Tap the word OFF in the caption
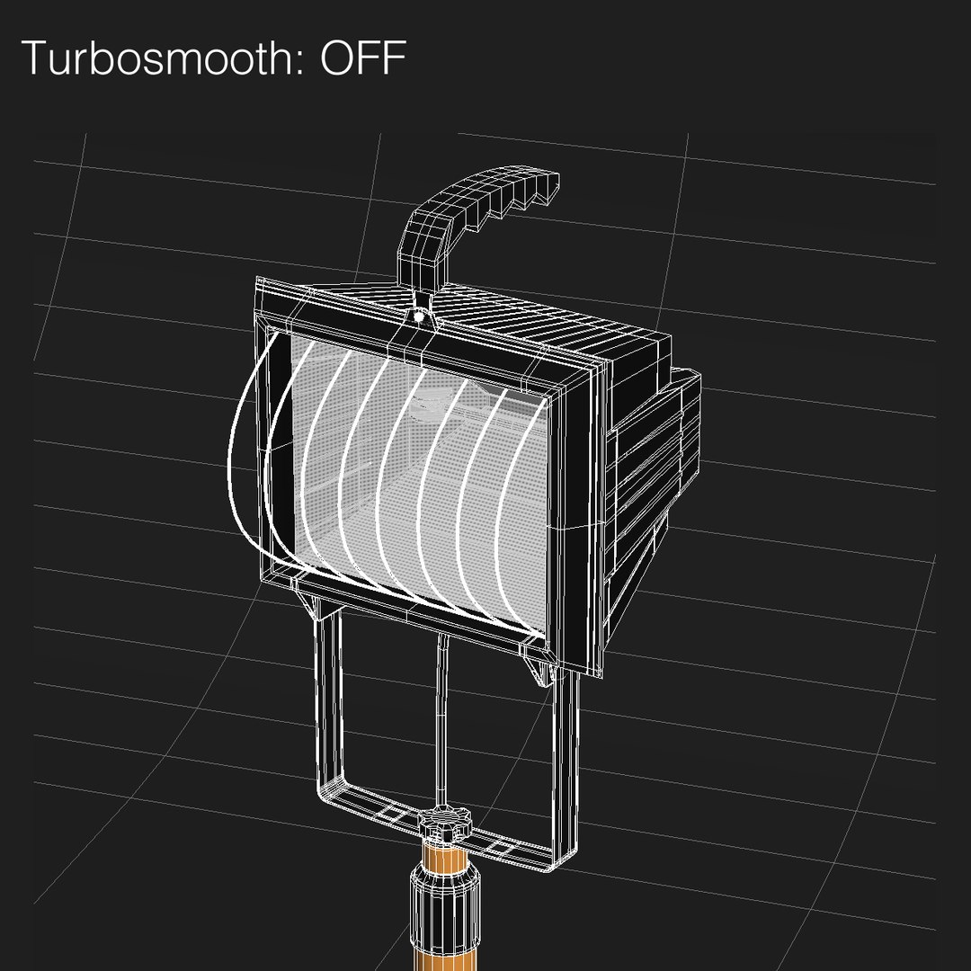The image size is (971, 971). [x=361, y=58]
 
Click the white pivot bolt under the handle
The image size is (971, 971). [x=419, y=316]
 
